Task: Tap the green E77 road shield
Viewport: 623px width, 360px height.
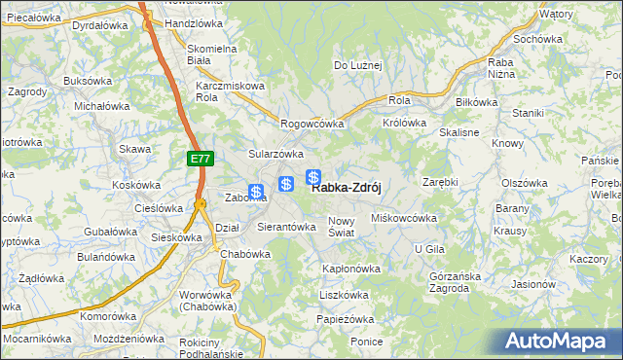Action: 200,157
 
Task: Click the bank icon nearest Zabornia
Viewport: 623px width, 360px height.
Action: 256,192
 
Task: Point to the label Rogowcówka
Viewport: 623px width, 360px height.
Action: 313,124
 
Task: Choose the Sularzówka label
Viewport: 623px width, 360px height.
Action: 276,154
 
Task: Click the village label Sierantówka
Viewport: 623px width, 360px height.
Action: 286,227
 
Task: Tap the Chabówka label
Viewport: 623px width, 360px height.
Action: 244,253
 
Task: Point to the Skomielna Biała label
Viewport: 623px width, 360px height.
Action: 212,54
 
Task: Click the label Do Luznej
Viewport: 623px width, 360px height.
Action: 358,65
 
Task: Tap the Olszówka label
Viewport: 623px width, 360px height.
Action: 526,183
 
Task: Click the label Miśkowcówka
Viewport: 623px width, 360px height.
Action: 404,218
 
